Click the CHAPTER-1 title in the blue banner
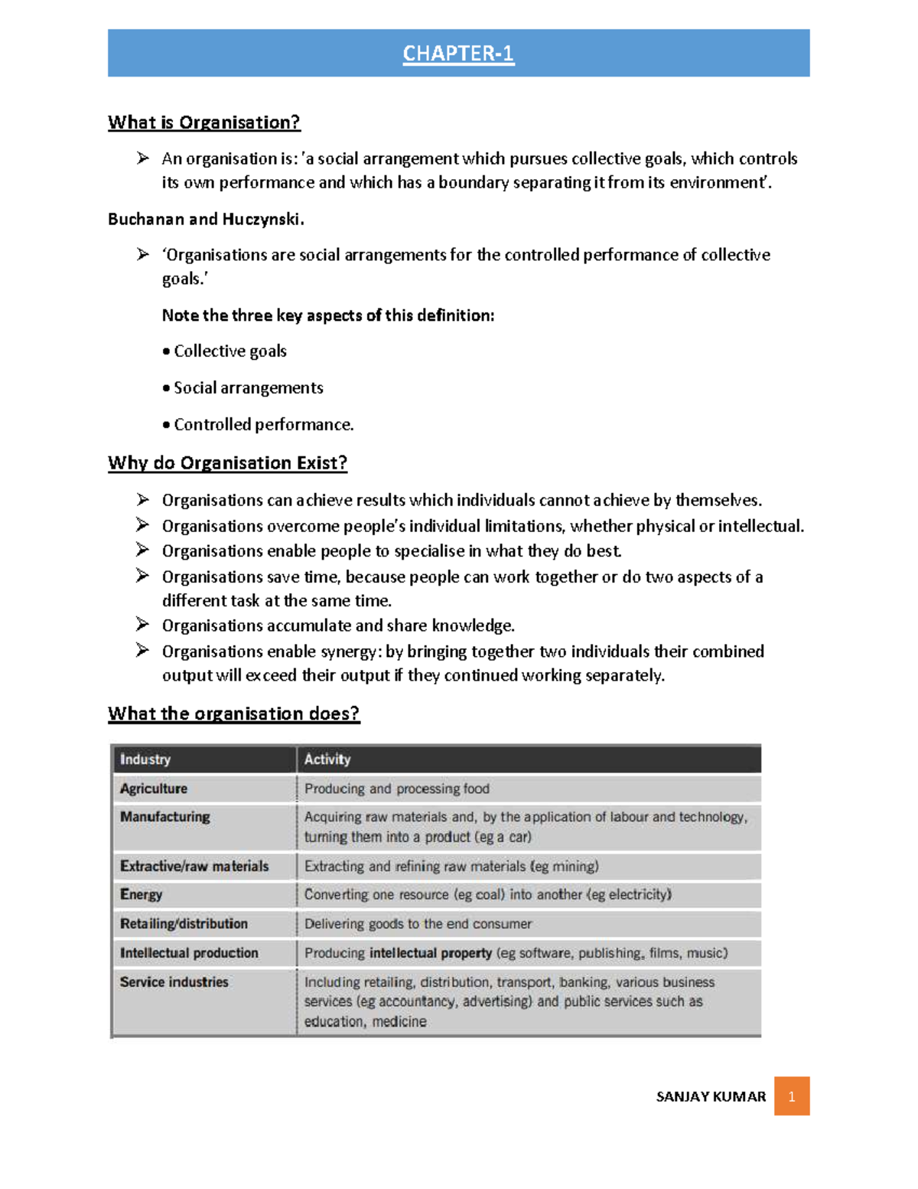point(458,54)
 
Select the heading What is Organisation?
point(203,122)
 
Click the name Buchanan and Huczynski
point(206,220)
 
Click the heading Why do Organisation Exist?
point(227,463)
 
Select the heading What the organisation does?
point(233,714)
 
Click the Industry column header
point(145,759)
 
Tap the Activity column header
point(327,759)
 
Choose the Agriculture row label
point(154,789)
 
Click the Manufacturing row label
point(165,817)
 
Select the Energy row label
point(142,894)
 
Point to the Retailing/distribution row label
point(184,924)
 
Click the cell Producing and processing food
point(396,789)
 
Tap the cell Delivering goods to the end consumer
point(418,924)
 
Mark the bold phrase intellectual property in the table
point(430,953)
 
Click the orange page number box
point(791,1096)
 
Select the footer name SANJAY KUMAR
point(711,1097)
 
